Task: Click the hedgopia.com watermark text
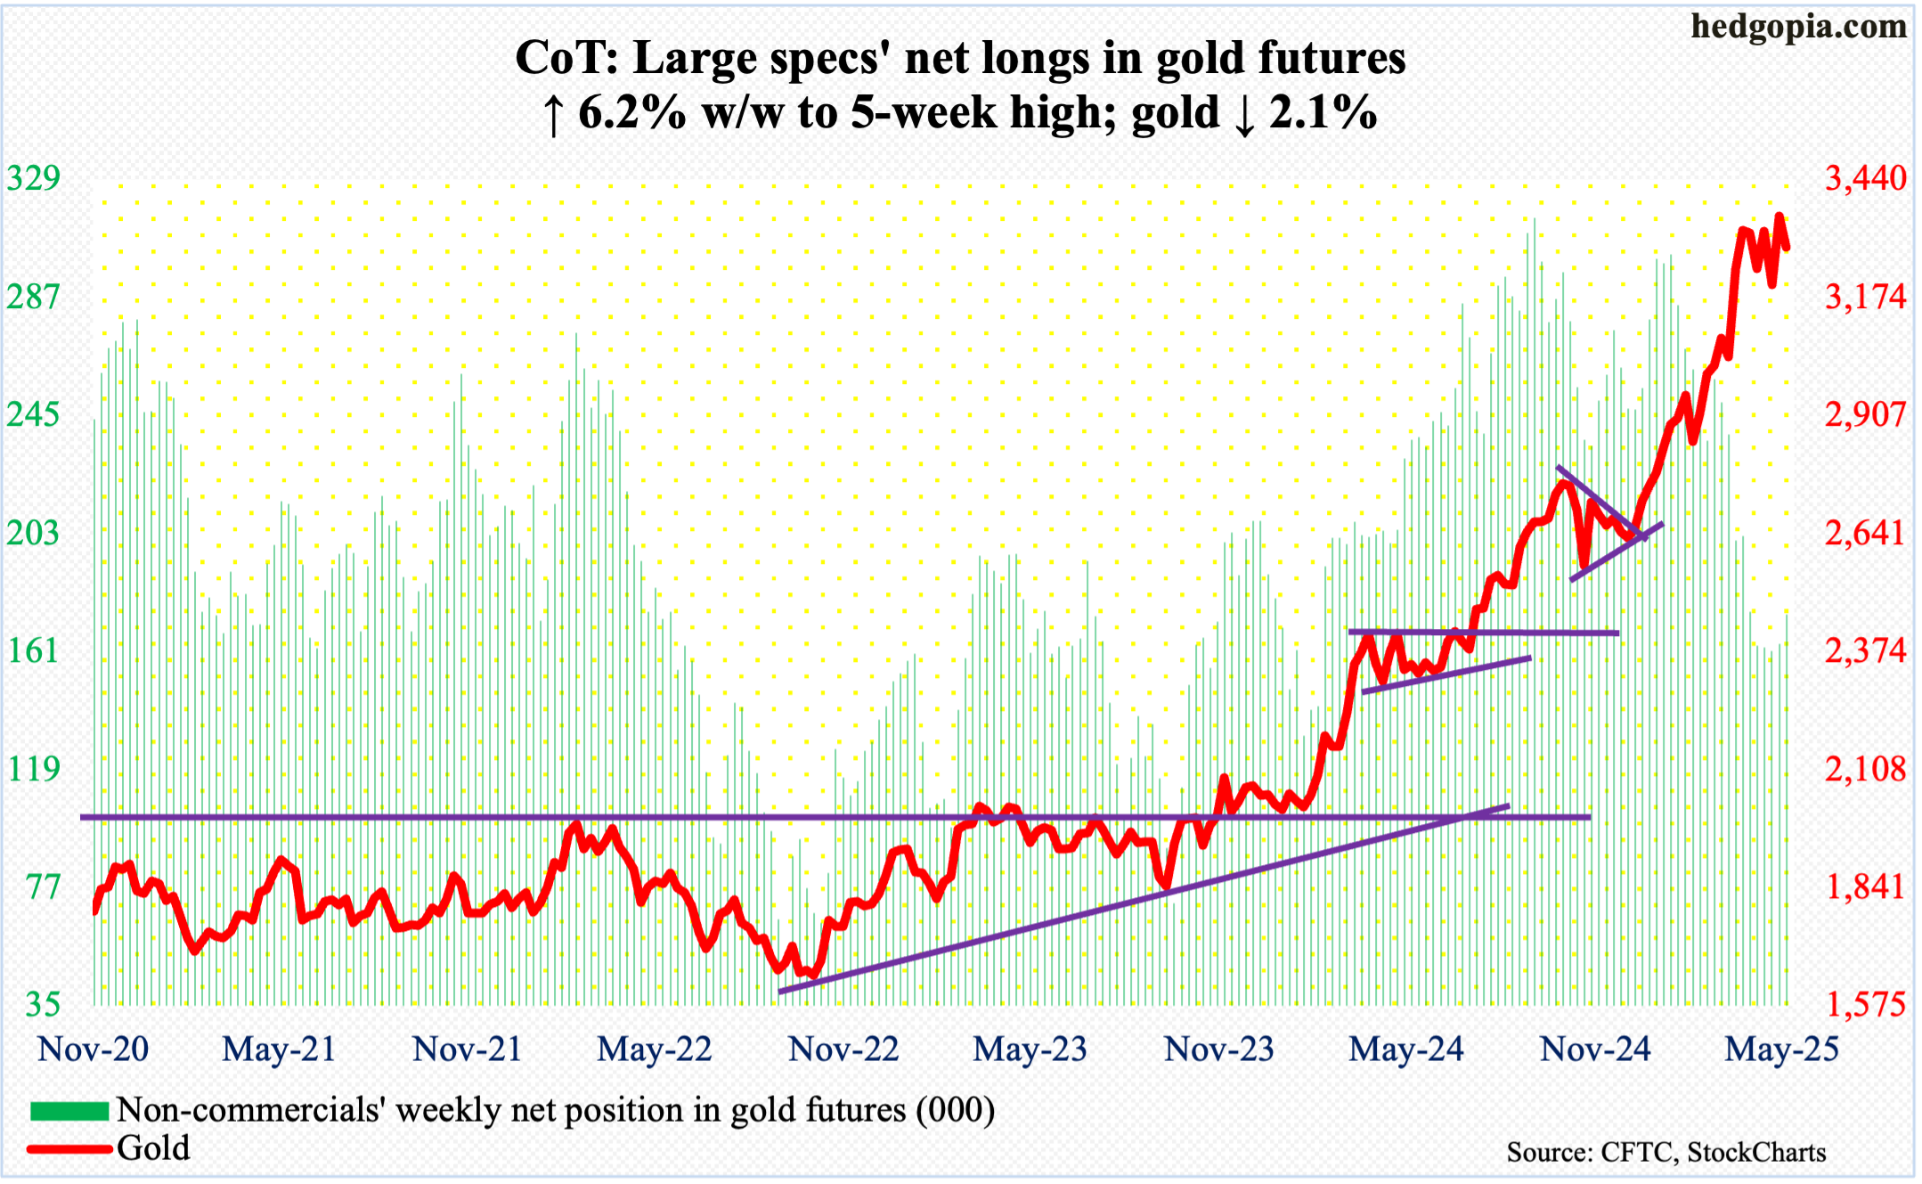[x=1798, y=27]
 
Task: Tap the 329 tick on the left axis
[x=34, y=178]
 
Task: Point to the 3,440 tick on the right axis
[x=1865, y=178]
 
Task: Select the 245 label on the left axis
[x=34, y=414]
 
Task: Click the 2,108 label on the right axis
[x=1865, y=768]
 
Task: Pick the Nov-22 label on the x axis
[x=843, y=1049]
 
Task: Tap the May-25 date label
[x=1781, y=1049]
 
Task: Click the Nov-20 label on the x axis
[x=93, y=1049]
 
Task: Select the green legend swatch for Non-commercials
[x=69, y=1111]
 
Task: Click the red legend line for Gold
[x=69, y=1148]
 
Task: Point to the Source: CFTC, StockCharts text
[x=1665, y=1152]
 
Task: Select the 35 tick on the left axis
[x=43, y=1004]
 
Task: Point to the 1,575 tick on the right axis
[x=1865, y=1004]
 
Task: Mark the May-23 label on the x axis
[x=1030, y=1049]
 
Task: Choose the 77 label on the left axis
[x=43, y=886]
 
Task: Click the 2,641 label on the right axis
[x=1865, y=533]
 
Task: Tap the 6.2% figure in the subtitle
[x=631, y=114]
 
